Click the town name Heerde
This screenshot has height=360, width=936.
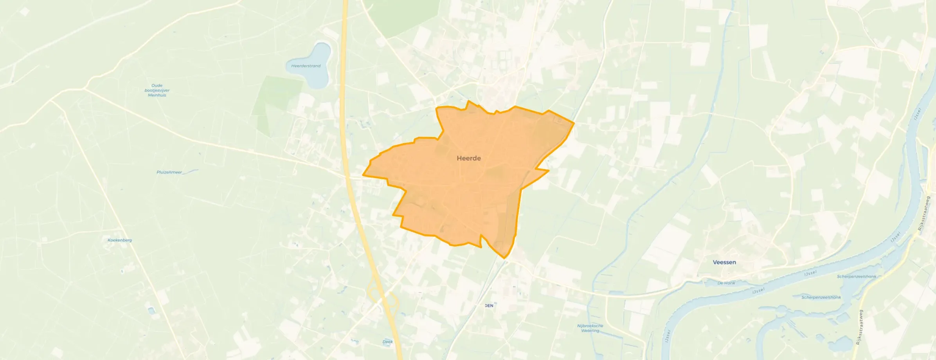pos(469,158)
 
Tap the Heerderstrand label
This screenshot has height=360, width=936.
pos(306,66)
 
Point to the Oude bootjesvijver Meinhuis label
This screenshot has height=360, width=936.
pos(157,90)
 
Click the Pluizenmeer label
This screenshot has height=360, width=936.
pos(169,172)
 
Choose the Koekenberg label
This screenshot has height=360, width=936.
pos(120,240)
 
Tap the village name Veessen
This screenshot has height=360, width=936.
pos(724,262)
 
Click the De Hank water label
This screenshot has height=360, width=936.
pos(726,283)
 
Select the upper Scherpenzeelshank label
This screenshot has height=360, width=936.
pos(857,277)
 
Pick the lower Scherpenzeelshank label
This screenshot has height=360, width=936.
pos(821,297)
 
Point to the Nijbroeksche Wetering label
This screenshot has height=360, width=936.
pos(590,328)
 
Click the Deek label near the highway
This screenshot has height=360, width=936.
pos(387,342)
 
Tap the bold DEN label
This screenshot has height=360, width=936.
pos(489,306)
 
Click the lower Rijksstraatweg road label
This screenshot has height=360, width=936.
pos(859,327)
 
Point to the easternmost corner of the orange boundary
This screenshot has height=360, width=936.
pos(574,123)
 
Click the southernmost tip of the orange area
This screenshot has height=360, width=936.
pos(505,258)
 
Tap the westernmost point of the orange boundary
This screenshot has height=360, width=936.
pos(364,175)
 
